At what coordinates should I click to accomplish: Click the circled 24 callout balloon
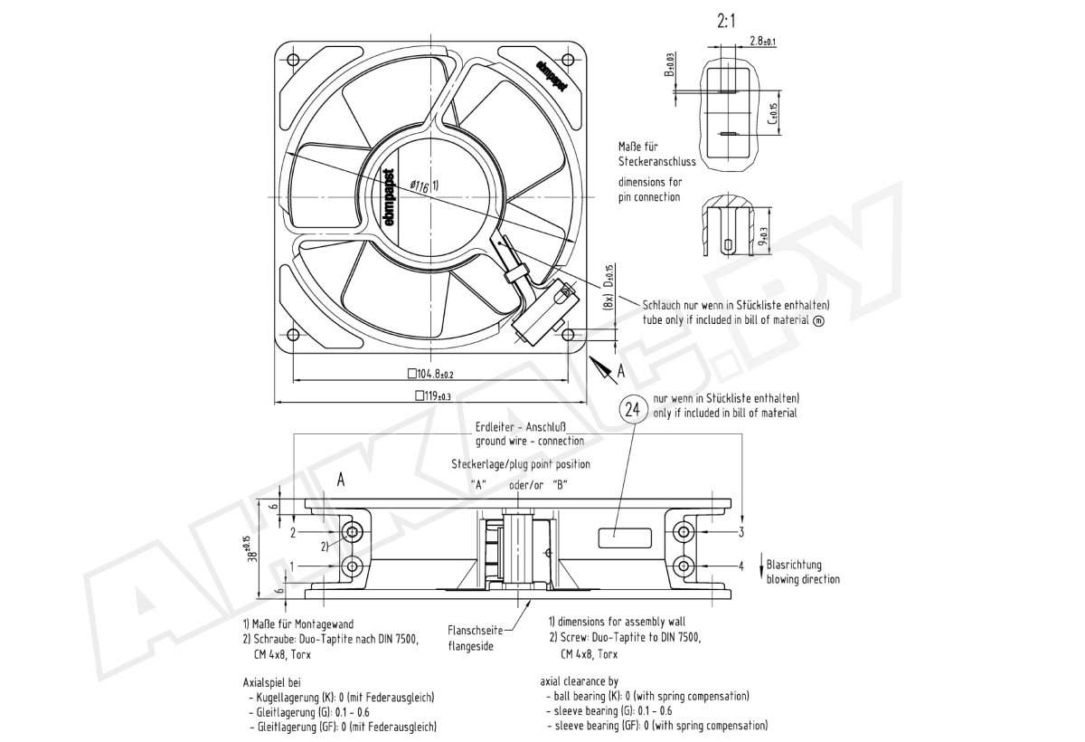click(635, 409)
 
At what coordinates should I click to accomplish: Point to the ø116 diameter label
click(419, 185)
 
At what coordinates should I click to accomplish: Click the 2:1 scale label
click(724, 19)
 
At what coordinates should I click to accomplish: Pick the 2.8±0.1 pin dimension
click(763, 41)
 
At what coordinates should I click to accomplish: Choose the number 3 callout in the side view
click(741, 531)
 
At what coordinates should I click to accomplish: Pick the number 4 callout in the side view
click(741, 566)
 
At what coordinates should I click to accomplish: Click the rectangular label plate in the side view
click(626, 535)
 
